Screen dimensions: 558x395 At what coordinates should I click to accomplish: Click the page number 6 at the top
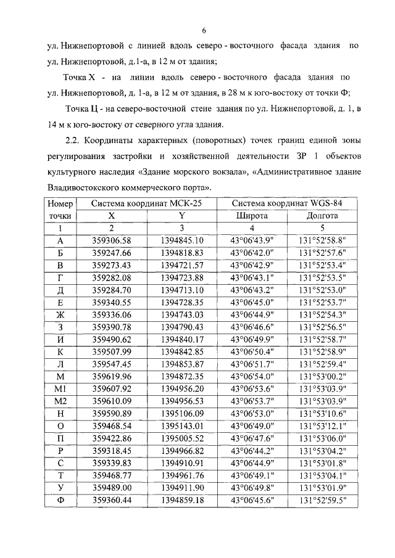click(203, 31)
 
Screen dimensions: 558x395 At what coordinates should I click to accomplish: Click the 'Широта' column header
click(252, 216)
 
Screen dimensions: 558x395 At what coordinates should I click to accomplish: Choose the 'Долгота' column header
click(322, 216)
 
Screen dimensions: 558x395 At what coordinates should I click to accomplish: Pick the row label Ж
click(60, 314)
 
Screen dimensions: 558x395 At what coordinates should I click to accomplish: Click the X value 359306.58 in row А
click(111, 240)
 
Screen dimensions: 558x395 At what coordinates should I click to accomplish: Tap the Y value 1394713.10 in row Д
click(181, 289)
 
